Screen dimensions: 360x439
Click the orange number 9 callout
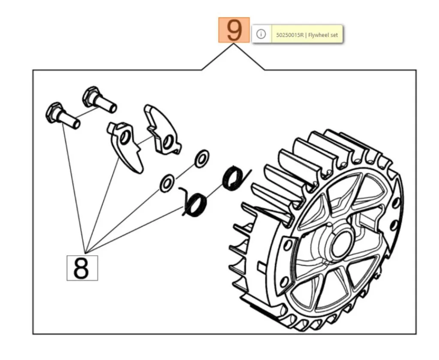click(x=234, y=30)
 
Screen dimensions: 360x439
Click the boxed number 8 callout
click(x=82, y=268)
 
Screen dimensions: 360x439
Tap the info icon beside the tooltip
click(x=261, y=34)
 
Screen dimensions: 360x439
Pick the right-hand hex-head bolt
click(x=99, y=99)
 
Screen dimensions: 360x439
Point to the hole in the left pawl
click(x=125, y=138)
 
